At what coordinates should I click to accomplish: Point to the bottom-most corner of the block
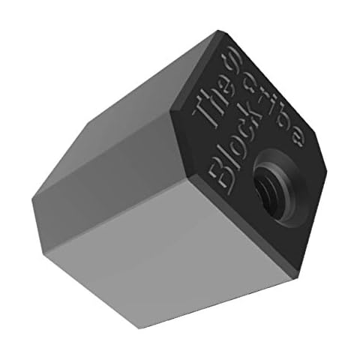[x=139, y=325]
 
